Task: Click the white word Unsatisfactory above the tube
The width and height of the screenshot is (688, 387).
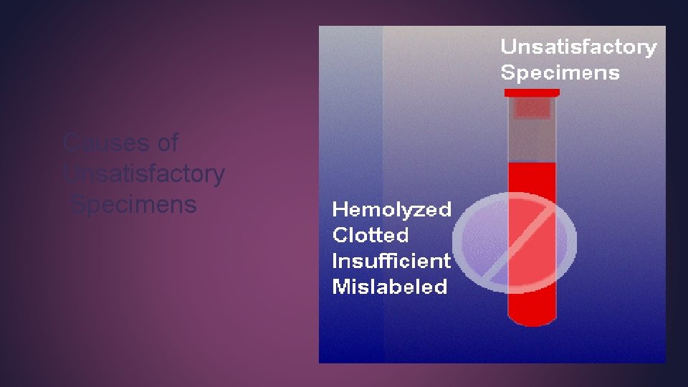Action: [578, 47]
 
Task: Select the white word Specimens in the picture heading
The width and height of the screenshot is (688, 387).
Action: [560, 72]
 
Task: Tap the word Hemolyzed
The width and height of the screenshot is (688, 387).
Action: [391, 209]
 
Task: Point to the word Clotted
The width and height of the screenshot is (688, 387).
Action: [371, 235]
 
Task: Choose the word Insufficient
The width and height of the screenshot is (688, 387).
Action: [391, 261]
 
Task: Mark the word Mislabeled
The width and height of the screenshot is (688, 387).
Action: [389, 287]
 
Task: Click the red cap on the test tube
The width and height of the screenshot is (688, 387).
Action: [532, 92]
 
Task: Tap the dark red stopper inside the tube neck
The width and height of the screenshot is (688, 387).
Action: [532, 108]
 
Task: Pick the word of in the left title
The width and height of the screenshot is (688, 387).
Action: [167, 143]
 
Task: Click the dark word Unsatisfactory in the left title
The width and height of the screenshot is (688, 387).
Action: [144, 173]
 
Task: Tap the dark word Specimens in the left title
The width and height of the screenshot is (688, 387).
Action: [134, 204]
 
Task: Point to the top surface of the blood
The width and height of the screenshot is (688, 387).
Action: [532, 164]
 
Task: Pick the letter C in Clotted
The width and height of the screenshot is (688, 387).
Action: [340, 235]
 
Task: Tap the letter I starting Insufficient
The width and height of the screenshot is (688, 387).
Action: [335, 261]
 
